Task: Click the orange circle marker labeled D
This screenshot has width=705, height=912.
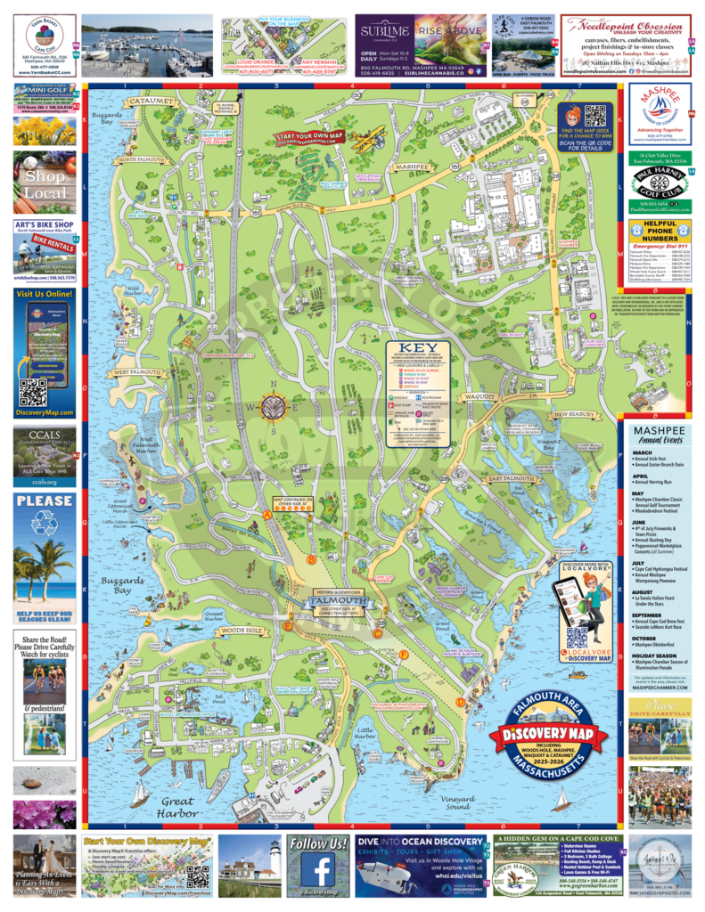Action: click(x=460, y=702)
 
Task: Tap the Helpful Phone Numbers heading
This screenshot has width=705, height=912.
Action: click(x=660, y=229)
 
